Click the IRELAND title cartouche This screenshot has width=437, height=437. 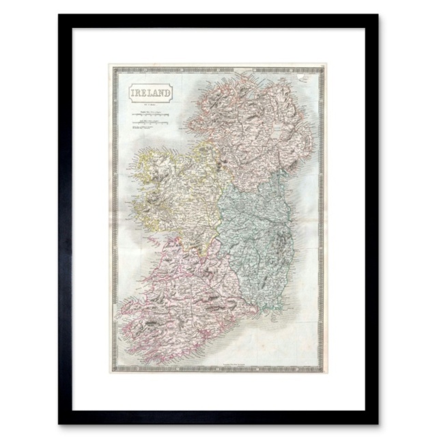click(147, 91)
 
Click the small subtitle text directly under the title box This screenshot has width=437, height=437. click(147, 104)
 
